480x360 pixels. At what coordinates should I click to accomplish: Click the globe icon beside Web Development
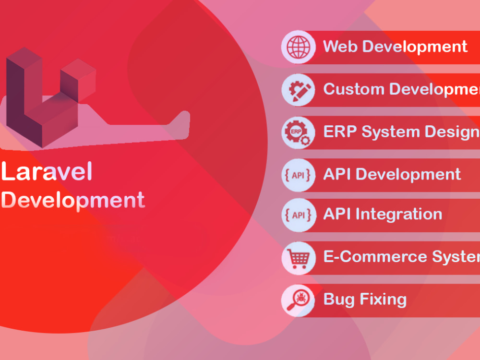298,47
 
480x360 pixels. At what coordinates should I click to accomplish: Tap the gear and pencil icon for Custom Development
298,89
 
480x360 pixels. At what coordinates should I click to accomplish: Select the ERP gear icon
298,132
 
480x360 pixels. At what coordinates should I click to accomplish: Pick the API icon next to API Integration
298,215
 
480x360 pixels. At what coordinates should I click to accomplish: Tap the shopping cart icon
298,257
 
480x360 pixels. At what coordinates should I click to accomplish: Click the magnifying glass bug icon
298,300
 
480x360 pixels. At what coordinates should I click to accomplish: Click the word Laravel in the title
47,172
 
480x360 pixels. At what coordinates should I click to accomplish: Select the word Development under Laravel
73,200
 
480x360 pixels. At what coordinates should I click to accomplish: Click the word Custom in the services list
353,89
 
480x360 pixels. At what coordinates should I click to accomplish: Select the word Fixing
384,300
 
